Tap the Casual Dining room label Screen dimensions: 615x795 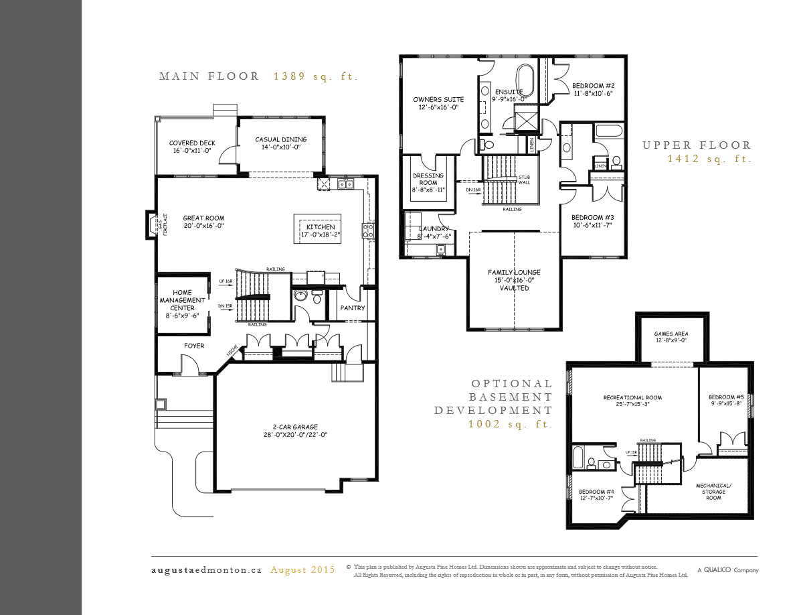click(277, 143)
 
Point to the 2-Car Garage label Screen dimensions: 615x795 click(295, 431)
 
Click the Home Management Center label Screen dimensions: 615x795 click(182, 301)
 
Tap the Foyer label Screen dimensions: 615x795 click(194, 346)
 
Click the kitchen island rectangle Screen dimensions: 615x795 click(318, 230)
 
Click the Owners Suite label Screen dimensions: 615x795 click(438, 103)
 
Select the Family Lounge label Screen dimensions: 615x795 click(513, 280)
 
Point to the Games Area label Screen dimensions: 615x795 click(671, 337)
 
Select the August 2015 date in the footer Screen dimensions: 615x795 click(302, 570)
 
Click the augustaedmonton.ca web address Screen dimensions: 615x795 click(206, 570)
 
